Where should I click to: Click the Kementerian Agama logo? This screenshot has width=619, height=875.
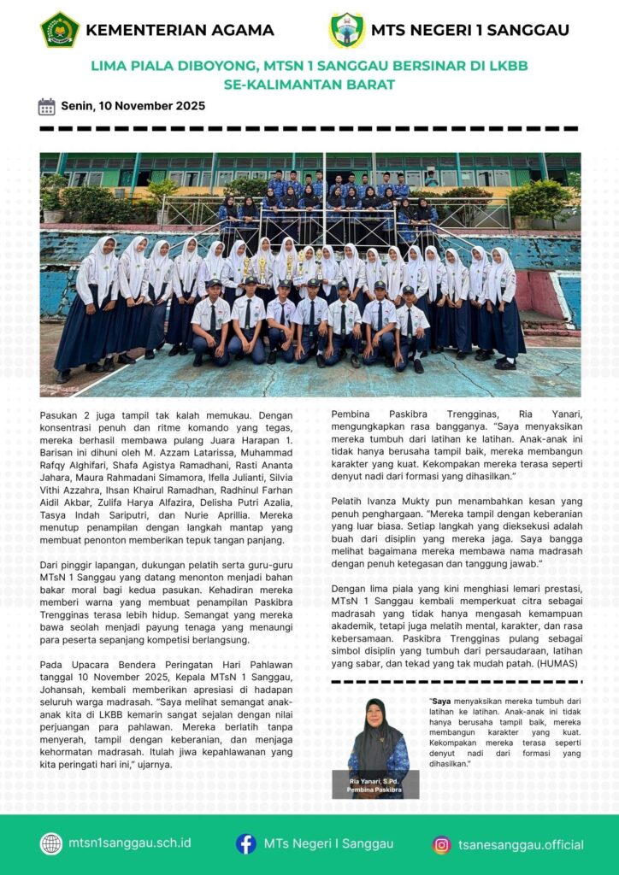(60, 30)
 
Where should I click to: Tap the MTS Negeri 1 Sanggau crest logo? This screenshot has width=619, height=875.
(347, 30)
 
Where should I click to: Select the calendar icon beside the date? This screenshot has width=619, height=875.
(47, 107)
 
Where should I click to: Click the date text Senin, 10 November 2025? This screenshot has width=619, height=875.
(133, 107)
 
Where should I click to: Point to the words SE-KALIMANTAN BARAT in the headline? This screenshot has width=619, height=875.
(309, 85)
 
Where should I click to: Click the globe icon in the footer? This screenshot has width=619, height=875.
(51, 843)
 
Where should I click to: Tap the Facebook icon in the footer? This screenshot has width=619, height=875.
(246, 843)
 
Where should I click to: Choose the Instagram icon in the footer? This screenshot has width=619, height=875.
(441, 844)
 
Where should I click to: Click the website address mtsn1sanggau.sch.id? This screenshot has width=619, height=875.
(130, 843)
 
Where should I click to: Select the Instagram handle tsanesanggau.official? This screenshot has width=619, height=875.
(521, 844)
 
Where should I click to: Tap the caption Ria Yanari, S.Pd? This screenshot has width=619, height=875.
(375, 782)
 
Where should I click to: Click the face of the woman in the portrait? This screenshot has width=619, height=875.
(375, 713)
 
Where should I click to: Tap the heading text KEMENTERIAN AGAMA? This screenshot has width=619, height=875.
(180, 31)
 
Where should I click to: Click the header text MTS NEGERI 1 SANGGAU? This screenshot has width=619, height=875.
(470, 31)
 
